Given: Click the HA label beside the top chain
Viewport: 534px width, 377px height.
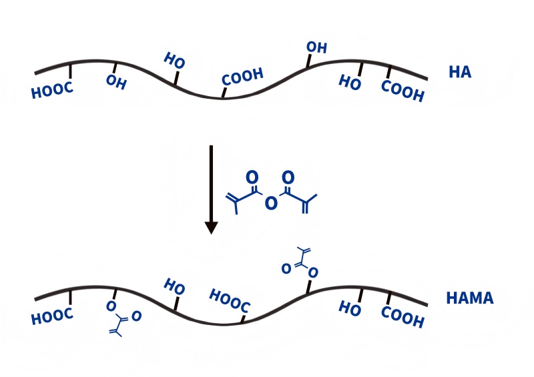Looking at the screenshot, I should click(x=460, y=72).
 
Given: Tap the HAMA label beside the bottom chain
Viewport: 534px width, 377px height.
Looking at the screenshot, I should click(x=470, y=298).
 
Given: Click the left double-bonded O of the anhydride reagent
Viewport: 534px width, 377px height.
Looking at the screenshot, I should click(x=252, y=177).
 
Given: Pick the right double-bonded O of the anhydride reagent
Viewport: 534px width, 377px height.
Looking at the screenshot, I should click(x=288, y=178).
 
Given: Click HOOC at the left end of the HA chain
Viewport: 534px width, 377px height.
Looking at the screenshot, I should click(x=52, y=91).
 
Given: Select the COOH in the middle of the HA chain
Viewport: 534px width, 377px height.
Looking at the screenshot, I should click(x=242, y=77).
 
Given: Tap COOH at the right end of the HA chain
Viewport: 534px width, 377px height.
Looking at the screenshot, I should click(x=403, y=91).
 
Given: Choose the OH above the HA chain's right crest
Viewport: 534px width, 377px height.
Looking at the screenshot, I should click(x=316, y=47).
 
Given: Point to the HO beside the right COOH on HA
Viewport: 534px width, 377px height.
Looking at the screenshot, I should click(x=350, y=82).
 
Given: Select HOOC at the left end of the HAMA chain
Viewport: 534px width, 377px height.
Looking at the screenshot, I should click(x=52, y=316).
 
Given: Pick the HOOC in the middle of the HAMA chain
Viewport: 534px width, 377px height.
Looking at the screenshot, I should click(x=230, y=300).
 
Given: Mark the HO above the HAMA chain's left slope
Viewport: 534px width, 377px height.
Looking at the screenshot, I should click(x=174, y=287).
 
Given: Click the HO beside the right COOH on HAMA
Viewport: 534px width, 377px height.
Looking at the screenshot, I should click(x=350, y=308).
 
